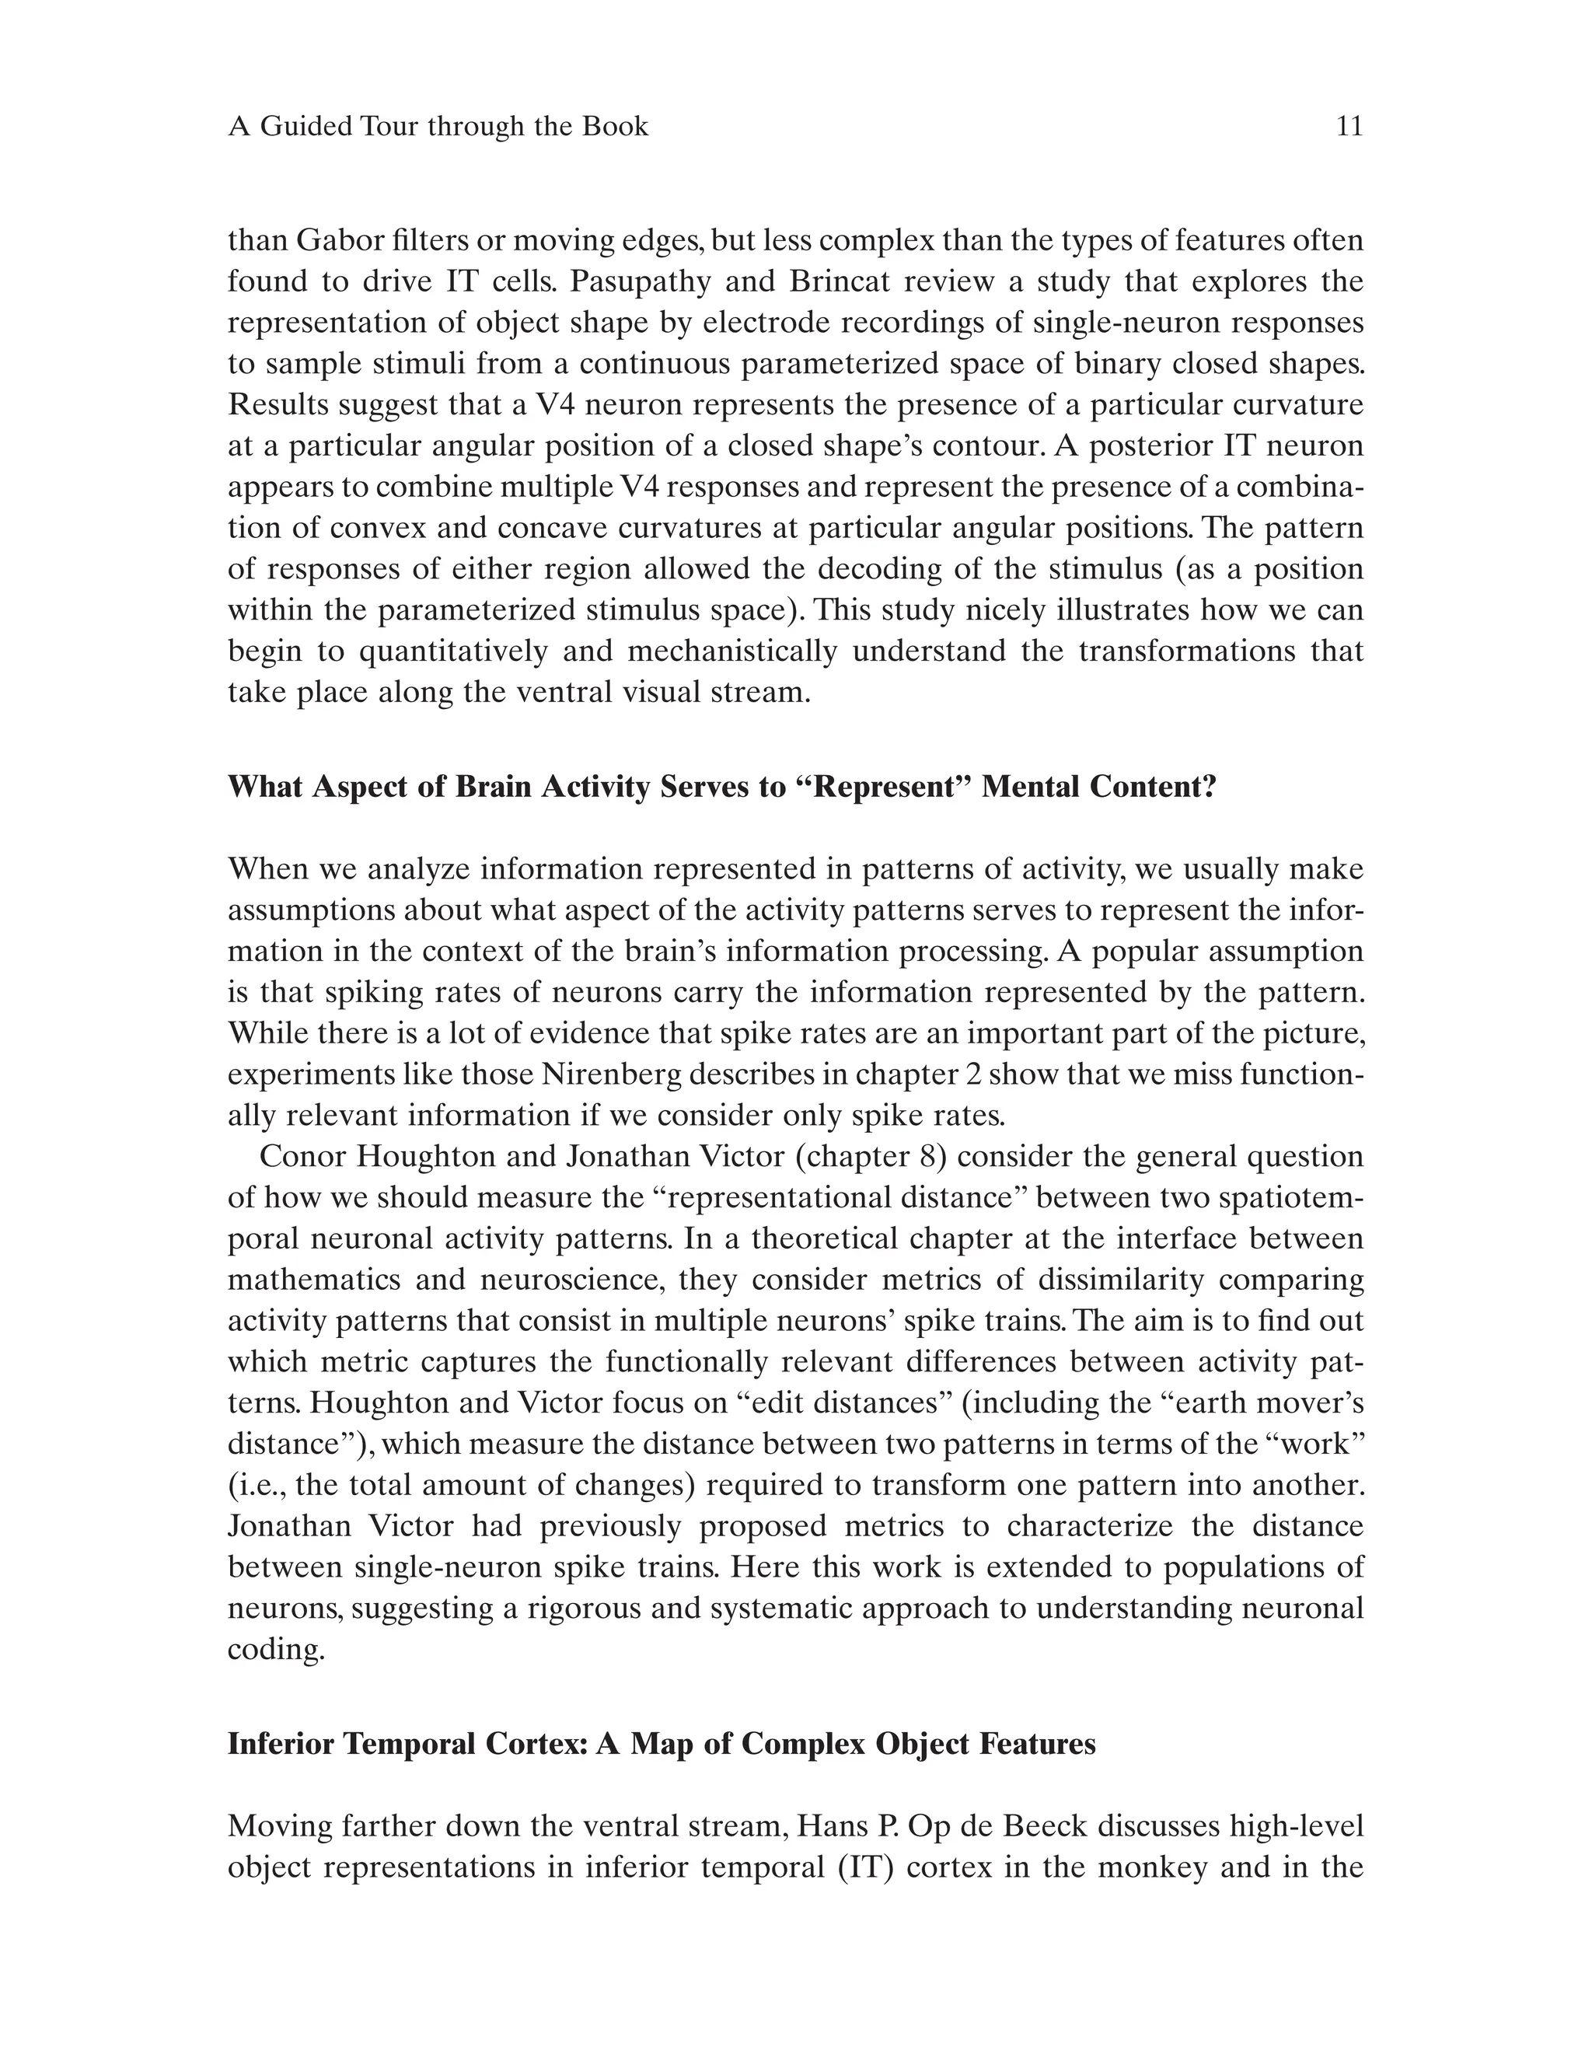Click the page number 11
point(1349,127)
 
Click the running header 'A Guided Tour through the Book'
point(438,127)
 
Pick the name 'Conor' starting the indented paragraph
point(302,1157)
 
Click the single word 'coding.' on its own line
point(275,1650)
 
